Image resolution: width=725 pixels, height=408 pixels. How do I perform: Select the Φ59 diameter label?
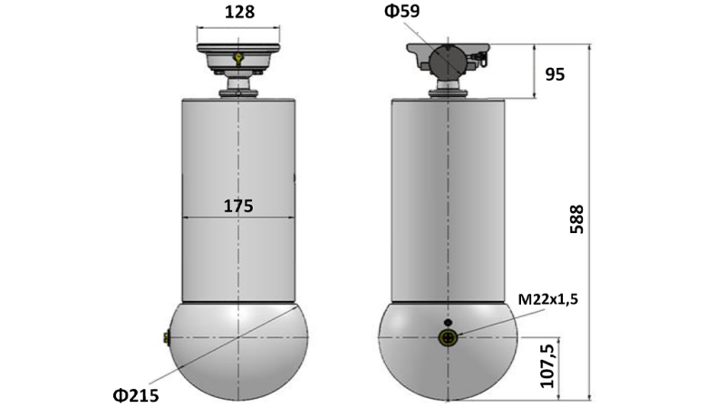401,12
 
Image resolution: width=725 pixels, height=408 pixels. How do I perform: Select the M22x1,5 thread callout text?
546,300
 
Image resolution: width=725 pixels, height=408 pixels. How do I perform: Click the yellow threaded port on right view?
447,338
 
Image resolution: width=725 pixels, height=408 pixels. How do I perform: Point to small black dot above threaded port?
446,322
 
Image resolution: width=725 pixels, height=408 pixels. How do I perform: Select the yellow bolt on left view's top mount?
237,59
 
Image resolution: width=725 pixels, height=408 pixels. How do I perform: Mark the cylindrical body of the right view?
446,199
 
